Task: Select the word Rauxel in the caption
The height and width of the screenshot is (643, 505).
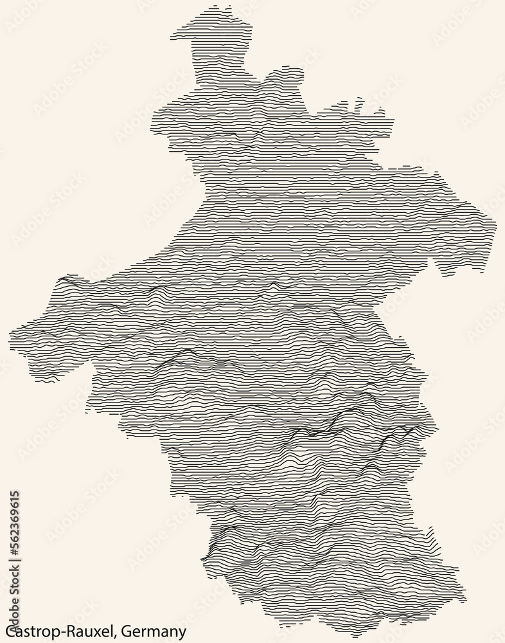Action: (86, 631)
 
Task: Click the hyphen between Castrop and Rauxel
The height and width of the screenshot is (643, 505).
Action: (59, 632)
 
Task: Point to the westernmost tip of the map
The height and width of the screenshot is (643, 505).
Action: (10, 334)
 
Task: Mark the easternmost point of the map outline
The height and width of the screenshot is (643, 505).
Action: (495, 225)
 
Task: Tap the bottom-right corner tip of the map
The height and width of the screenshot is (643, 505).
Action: (464, 602)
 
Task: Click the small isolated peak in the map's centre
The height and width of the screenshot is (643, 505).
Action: (274, 283)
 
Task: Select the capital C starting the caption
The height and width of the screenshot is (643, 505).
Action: (7, 631)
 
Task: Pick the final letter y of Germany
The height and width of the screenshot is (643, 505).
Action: (183, 633)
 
